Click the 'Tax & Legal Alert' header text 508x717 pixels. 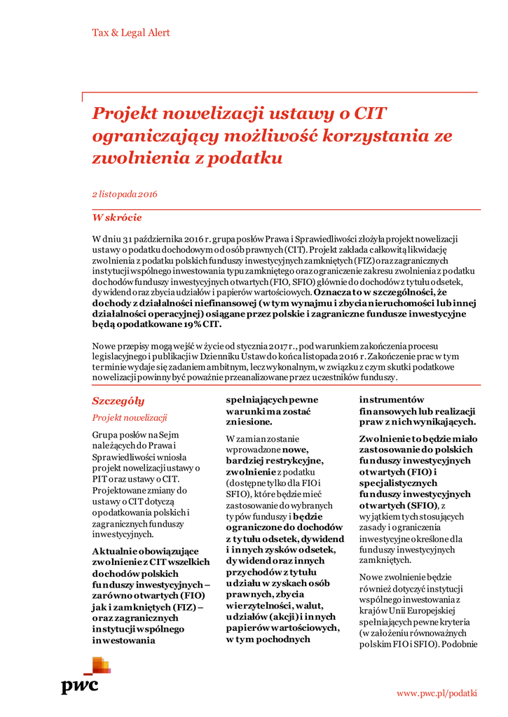coord(131,33)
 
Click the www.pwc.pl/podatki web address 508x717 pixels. coord(437,693)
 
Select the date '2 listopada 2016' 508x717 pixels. coord(125,194)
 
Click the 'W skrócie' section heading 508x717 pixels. coord(117,218)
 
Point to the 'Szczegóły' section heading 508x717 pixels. coord(118,401)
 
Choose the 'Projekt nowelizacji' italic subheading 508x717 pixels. coord(130,418)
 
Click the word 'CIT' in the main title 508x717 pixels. coord(370,113)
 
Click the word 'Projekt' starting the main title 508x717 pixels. coord(125,113)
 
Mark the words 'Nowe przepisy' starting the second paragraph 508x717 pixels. coord(121,347)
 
